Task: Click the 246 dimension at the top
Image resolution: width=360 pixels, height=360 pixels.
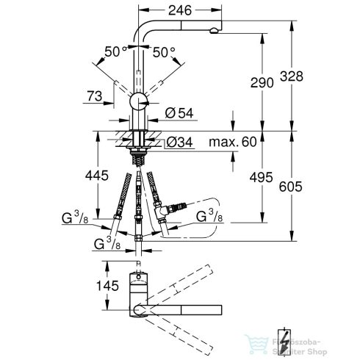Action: [x=181, y=10]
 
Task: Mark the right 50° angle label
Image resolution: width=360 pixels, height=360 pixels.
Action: [x=164, y=51]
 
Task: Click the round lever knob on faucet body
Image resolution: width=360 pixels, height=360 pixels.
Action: [x=140, y=103]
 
